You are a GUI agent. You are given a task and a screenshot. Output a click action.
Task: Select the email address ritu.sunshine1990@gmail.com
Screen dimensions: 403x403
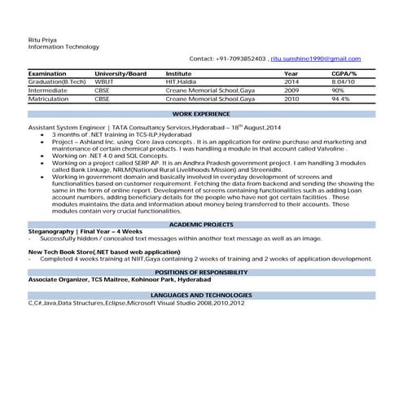point(315,59)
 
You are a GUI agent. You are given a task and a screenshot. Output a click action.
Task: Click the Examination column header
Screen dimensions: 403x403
point(47,74)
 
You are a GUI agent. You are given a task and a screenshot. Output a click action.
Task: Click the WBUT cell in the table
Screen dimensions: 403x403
point(105,82)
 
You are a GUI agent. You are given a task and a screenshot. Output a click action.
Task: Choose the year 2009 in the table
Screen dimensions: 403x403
point(291,90)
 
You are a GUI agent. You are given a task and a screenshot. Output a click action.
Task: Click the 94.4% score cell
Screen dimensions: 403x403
point(340,99)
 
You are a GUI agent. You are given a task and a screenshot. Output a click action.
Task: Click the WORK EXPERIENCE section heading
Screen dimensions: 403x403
point(201,116)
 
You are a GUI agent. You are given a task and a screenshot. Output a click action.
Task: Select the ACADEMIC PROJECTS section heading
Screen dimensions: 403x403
point(201,223)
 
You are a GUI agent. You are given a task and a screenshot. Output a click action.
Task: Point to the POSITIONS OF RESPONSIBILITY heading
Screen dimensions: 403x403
point(201,272)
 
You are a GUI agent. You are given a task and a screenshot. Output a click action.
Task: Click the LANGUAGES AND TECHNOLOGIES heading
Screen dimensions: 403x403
point(201,295)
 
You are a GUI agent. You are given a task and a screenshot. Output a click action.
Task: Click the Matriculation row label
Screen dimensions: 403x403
point(50,99)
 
